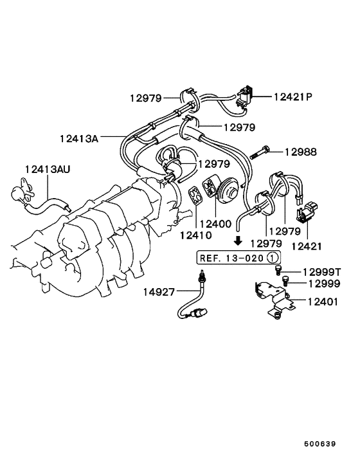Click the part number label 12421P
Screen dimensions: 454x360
pos(292,97)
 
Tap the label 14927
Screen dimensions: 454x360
pos(158,292)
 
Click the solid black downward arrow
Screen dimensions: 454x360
pos(238,241)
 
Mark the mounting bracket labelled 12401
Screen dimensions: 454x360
pos(273,298)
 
